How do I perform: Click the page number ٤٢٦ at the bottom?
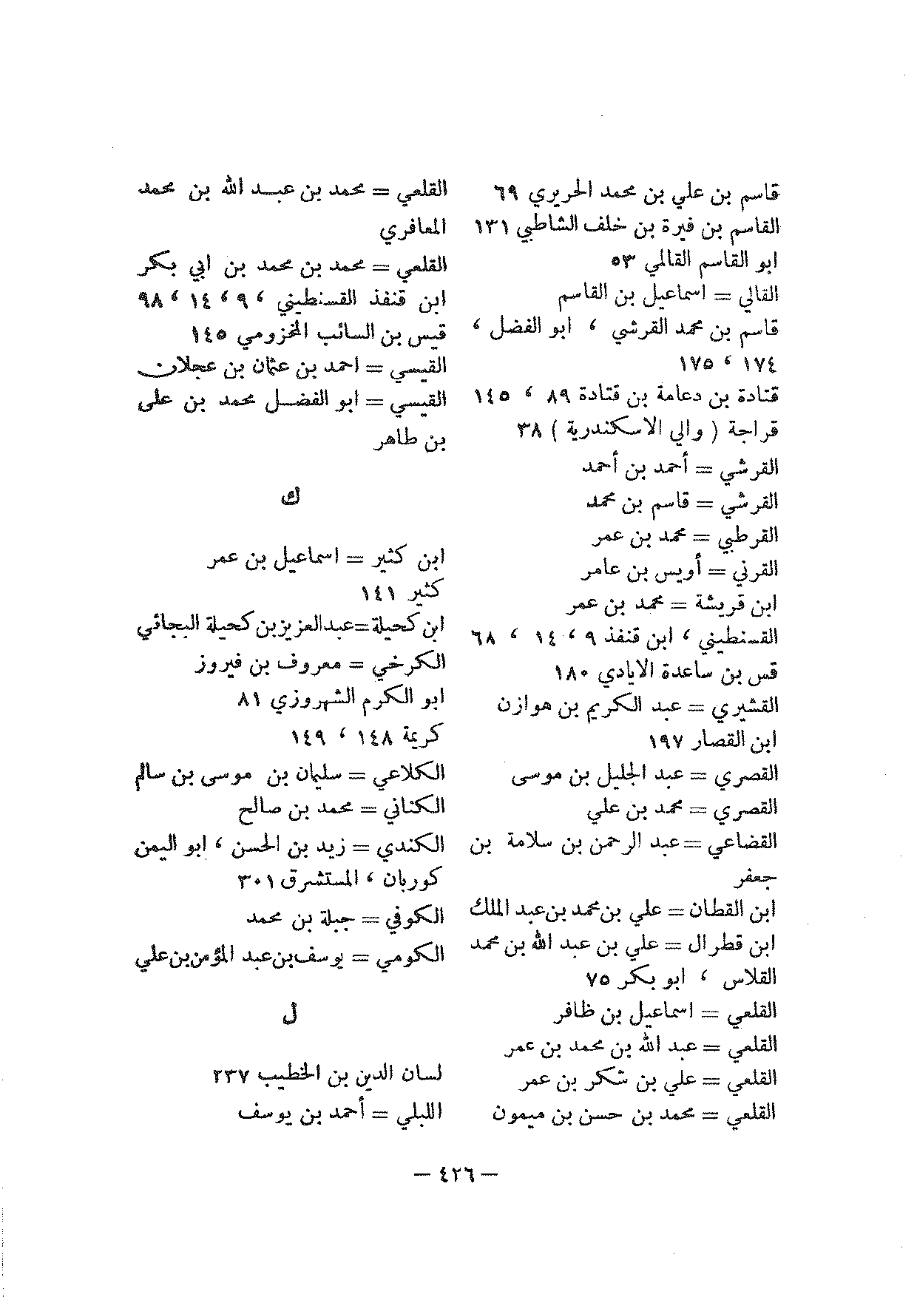click(x=458, y=1174)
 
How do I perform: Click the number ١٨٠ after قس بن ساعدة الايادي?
click(x=571, y=673)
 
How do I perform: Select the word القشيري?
click(x=749, y=706)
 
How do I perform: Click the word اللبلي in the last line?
click(x=419, y=1111)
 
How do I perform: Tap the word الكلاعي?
click(x=416, y=774)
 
